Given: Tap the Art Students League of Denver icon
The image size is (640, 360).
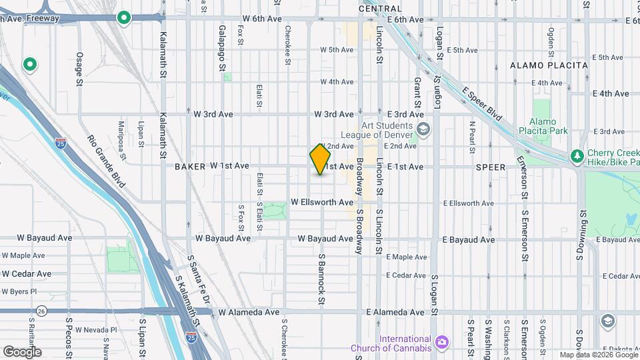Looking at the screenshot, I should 421,129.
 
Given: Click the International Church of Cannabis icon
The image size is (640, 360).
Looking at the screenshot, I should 441,342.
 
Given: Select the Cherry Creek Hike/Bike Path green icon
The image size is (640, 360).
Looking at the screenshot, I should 577,156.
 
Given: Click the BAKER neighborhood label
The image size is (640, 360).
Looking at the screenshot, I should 189,166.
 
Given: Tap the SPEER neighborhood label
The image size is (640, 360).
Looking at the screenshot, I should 491,166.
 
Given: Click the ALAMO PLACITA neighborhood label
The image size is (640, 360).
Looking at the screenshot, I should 549,65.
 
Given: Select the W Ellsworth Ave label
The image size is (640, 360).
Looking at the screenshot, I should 322,202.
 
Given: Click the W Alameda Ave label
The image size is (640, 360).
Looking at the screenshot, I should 249,312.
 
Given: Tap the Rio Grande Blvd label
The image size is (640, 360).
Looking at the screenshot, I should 106,159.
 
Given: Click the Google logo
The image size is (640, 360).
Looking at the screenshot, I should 22,351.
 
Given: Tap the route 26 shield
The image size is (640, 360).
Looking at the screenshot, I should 41,311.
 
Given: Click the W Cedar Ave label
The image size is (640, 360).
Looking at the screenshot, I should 27,274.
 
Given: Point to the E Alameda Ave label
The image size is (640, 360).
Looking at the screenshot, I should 395,312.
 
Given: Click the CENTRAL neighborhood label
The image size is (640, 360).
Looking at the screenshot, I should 380,9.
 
